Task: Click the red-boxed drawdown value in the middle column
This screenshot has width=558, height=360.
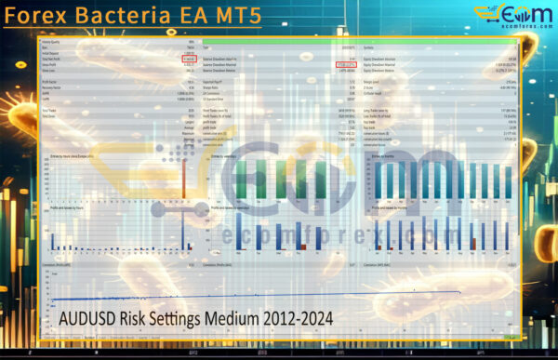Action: tap(345, 64)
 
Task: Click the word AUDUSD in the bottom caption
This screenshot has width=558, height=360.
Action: tap(88, 318)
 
